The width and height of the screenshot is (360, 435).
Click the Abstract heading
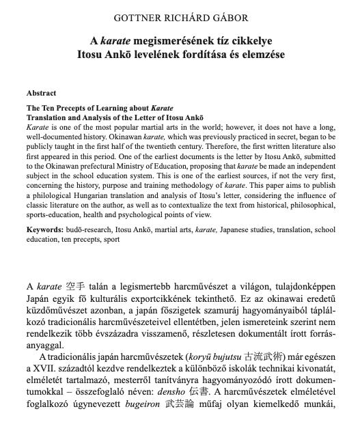(x=41, y=94)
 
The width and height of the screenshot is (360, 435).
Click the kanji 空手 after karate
(x=76, y=285)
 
